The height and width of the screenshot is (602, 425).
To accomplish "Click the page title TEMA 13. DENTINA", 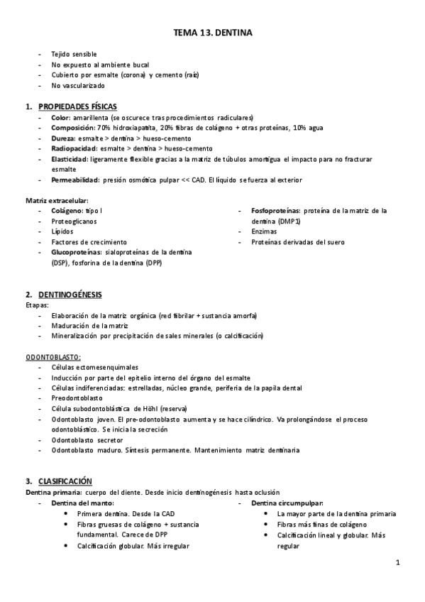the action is point(212,33).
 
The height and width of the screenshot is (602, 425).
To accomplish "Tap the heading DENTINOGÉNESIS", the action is point(70,294).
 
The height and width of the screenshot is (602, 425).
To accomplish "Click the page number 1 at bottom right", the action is point(399,563).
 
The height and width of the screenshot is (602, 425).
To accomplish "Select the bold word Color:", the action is point(61,117).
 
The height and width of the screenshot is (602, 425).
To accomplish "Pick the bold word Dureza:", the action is point(64,138).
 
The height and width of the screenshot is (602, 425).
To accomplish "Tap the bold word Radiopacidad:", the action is point(74,148).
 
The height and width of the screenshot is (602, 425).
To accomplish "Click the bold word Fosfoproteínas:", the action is point(275,211).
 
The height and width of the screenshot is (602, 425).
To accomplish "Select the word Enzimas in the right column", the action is point(264,231).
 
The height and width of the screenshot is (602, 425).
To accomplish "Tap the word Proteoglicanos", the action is point(73,221).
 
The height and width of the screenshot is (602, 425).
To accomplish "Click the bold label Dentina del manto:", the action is point(82,503).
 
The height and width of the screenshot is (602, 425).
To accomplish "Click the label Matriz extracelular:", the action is point(57,201).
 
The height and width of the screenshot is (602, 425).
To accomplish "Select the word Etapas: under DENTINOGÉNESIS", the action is point(36,305).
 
